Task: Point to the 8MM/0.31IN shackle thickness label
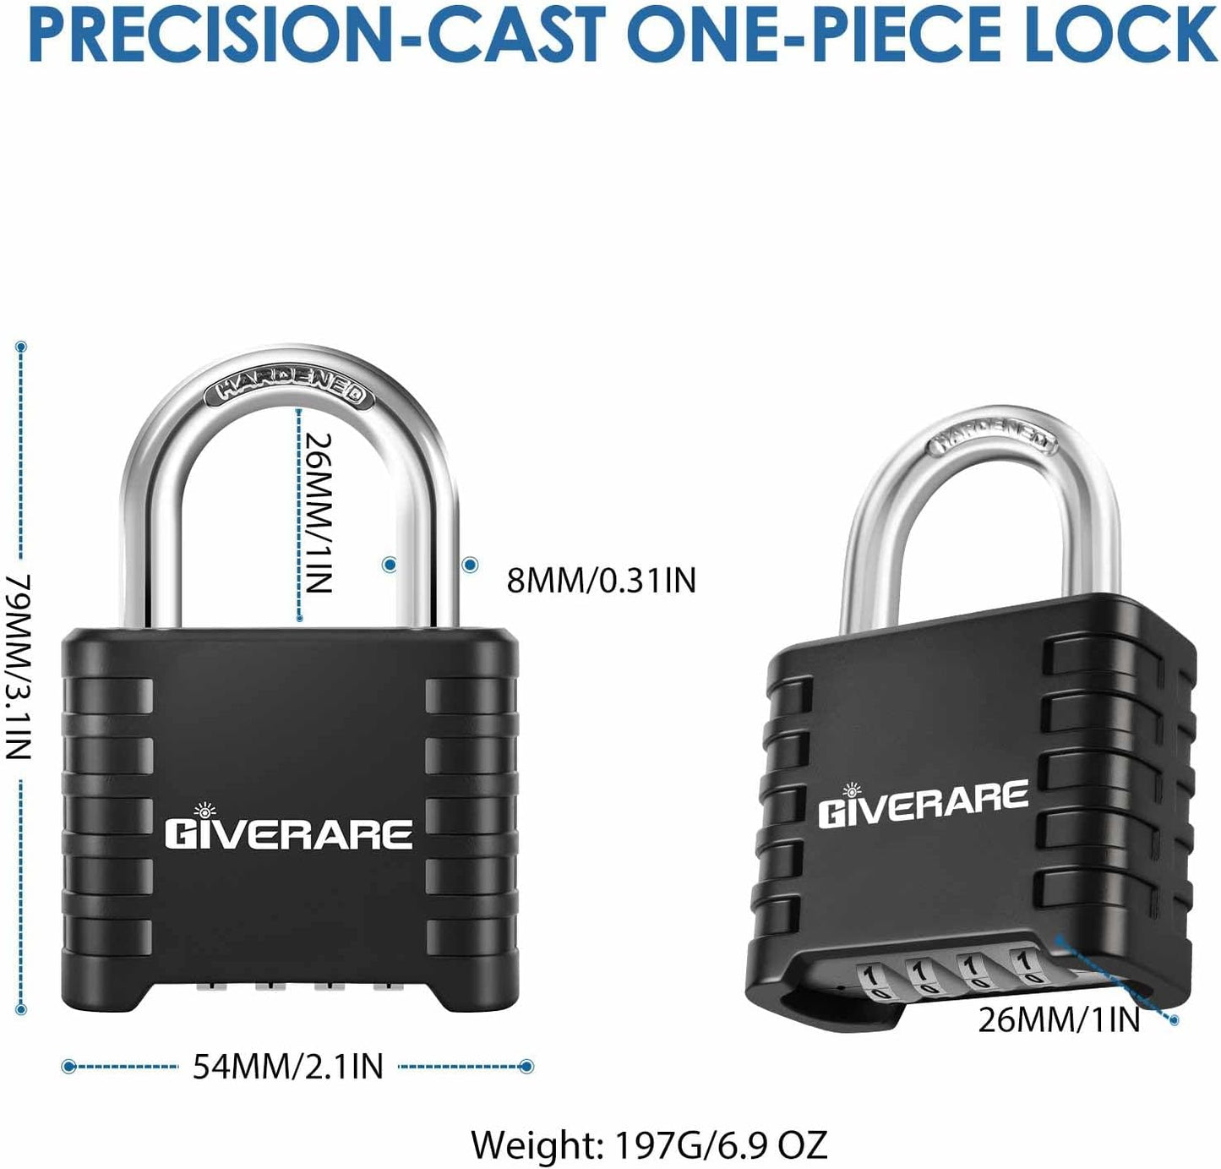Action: click(x=601, y=580)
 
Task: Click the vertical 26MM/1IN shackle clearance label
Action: click(x=318, y=512)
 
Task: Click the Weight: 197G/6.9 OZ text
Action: click(x=649, y=1144)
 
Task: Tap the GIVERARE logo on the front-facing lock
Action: click(x=289, y=828)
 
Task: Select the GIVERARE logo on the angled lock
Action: click(x=923, y=804)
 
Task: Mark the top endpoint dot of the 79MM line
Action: click(x=21, y=347)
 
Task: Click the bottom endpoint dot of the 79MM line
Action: click(x=21, y=1010)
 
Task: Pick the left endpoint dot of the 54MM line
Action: click(x=68, y=1066)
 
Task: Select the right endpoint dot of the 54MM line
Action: click(x=527, y=1066)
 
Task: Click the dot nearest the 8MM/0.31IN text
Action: click(x=470, y=565)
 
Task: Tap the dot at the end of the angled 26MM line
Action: click(x=1174, y=1020)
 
